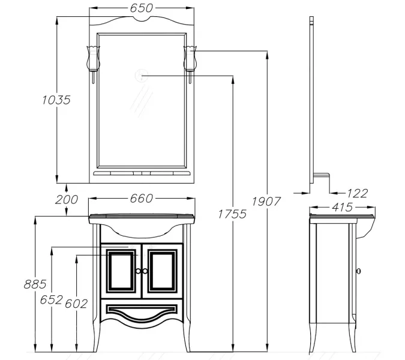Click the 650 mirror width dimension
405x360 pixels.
click(141, 8)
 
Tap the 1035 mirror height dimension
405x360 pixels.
click(56, 100)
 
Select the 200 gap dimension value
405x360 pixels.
click(67, 200)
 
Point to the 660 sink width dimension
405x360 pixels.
click(141, 199)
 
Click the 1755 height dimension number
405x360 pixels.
click(232, 214)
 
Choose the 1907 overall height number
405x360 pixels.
click(266, 202)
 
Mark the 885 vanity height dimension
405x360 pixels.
click(35, 284)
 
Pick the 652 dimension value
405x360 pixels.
click(52, 299)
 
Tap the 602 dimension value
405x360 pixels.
click(76, 304)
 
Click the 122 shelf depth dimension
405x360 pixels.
click(357, 193)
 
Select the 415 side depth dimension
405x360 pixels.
click(342, 207)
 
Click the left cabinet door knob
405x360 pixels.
click(139, 271)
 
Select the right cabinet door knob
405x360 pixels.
click(145, 271)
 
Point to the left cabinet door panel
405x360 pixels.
click(121, 271)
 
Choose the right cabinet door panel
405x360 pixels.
click(163, 271)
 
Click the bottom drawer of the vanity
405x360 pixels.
click(142, 311)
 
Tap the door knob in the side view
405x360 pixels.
click(358, 271)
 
